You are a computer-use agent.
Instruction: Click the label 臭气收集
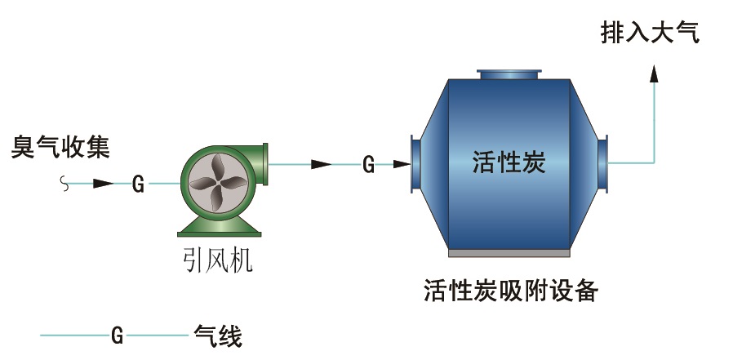tap(60, 148)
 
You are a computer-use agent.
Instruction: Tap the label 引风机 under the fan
tap(216, 260)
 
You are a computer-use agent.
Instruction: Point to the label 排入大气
tap(650, 33)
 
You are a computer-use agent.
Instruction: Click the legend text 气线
tap(218, 336)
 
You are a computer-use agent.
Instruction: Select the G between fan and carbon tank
tap(368, 165)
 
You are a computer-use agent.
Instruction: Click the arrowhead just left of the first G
tap(103, 184)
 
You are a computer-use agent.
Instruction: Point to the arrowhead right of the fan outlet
tap(322, 165)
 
